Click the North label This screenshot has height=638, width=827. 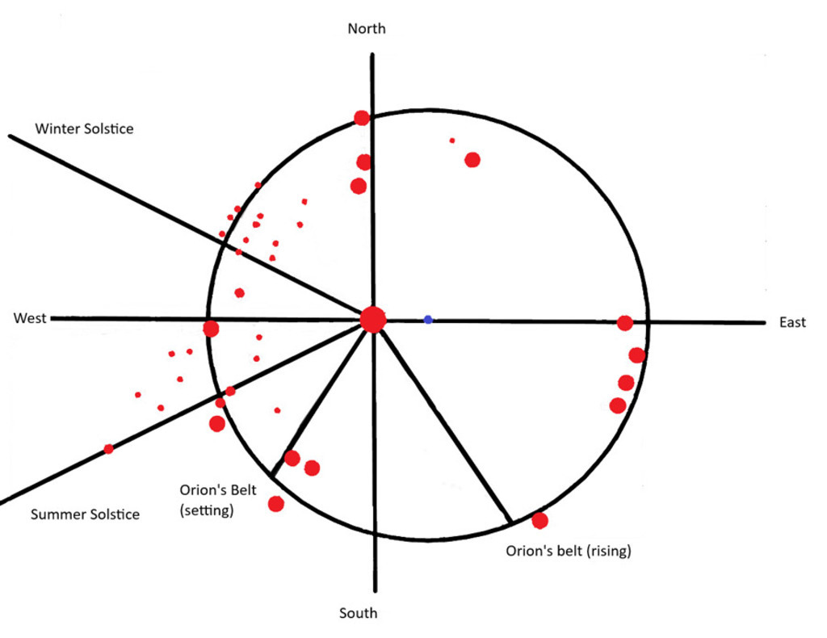click(x=367, y=29)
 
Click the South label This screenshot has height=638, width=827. click(x=358, y=613)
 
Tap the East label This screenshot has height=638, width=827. click(x=792, y=323)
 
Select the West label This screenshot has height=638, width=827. click(x=30, y=318)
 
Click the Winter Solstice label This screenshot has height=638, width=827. click(x=84, y=128)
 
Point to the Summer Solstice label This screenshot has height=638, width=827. click(x=85, y=514)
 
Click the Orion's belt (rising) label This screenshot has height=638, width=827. click(x=568, y=552)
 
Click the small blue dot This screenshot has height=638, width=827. click(x=428, y=320)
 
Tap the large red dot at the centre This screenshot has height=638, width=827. click(x=373, y=320)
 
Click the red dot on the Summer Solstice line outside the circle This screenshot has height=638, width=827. click(x=108, y=449)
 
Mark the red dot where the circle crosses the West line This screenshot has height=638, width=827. click(x=211, y=329)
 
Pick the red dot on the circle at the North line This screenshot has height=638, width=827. click(x=362, y=118)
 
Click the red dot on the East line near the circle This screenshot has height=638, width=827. click(x=624, y=323)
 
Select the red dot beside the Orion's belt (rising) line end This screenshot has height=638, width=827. click(x=539, y=521)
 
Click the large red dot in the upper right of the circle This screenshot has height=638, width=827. click(x=472, y=160)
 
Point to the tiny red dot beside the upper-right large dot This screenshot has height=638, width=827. click(x=452, y=141)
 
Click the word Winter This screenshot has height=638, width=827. click(x=58, y=128)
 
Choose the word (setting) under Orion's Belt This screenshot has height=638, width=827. click(x=208, y=510)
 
